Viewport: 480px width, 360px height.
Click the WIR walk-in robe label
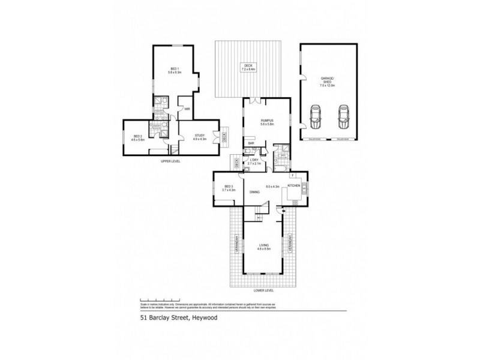(x=187, y=109)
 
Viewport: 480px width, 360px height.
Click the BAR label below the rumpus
(x=253, y=143)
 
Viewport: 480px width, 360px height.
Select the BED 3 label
(x=229, y=188)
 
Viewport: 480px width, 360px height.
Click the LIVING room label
(x=264, y=246)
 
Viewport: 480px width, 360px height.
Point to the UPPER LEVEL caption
(x=170, y=161)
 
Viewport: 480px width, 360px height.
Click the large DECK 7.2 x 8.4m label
(x=248, y=67)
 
